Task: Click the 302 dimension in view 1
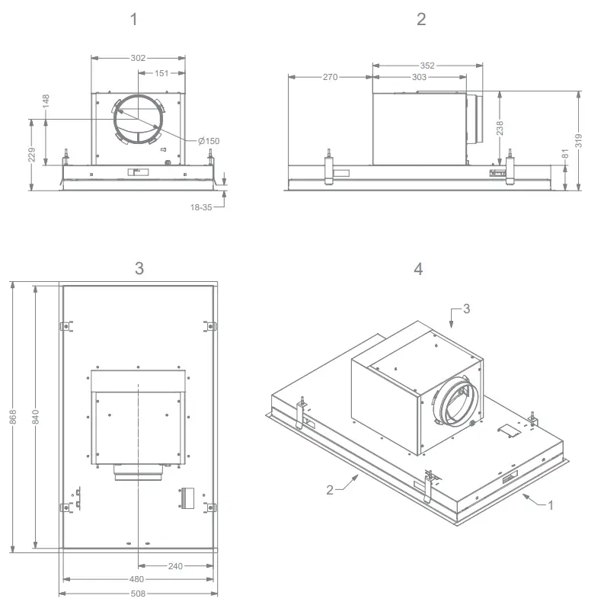pyautogui.click(x=138, y=57)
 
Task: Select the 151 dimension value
pyautogui.click(x=161, y=73)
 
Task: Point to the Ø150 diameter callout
pyautogui.click(x=209, y=141)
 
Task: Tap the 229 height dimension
pyautogui.click(x=31, y=155)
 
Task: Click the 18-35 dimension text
pyautogui.click(x=203, y=207)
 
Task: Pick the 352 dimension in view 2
pyautogui.click(x=427, y=66)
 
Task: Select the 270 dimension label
pyautogui.click(x=330, y=77)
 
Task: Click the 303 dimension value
pyautogui.click(x=419, y=77)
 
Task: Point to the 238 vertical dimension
pyautogui.click(x=500, y=128)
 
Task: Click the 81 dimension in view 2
pyautogui.click(x=564, y=153)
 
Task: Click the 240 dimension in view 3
pyautogui.click(x=175, y=565)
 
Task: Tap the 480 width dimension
pyautogui.click(x=138, y=578)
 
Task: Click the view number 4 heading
pyautogui.click(x=418, y=269)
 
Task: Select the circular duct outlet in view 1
pyautogui.click(x=138, y=120)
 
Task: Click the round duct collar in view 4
pyautogui.click(x=454, y=401)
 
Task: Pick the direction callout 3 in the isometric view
pyautogui.click(x=466, y=309)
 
